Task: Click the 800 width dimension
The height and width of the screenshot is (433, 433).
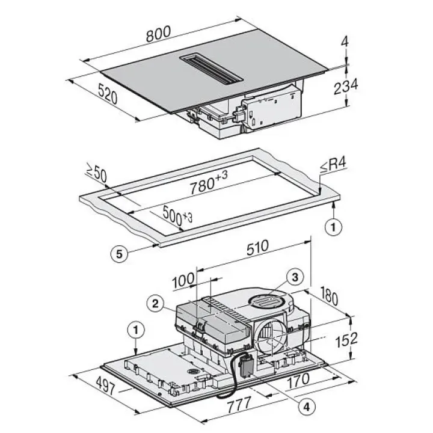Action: [159, 34]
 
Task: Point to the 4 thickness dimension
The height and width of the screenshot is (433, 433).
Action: [345, 42]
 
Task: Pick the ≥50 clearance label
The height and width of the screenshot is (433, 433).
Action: [96, 174]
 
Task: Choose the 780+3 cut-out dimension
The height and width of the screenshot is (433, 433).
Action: [209, 182]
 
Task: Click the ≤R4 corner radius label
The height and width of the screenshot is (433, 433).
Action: [333, 166]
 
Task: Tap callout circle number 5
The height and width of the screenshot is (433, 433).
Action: [119, 254]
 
